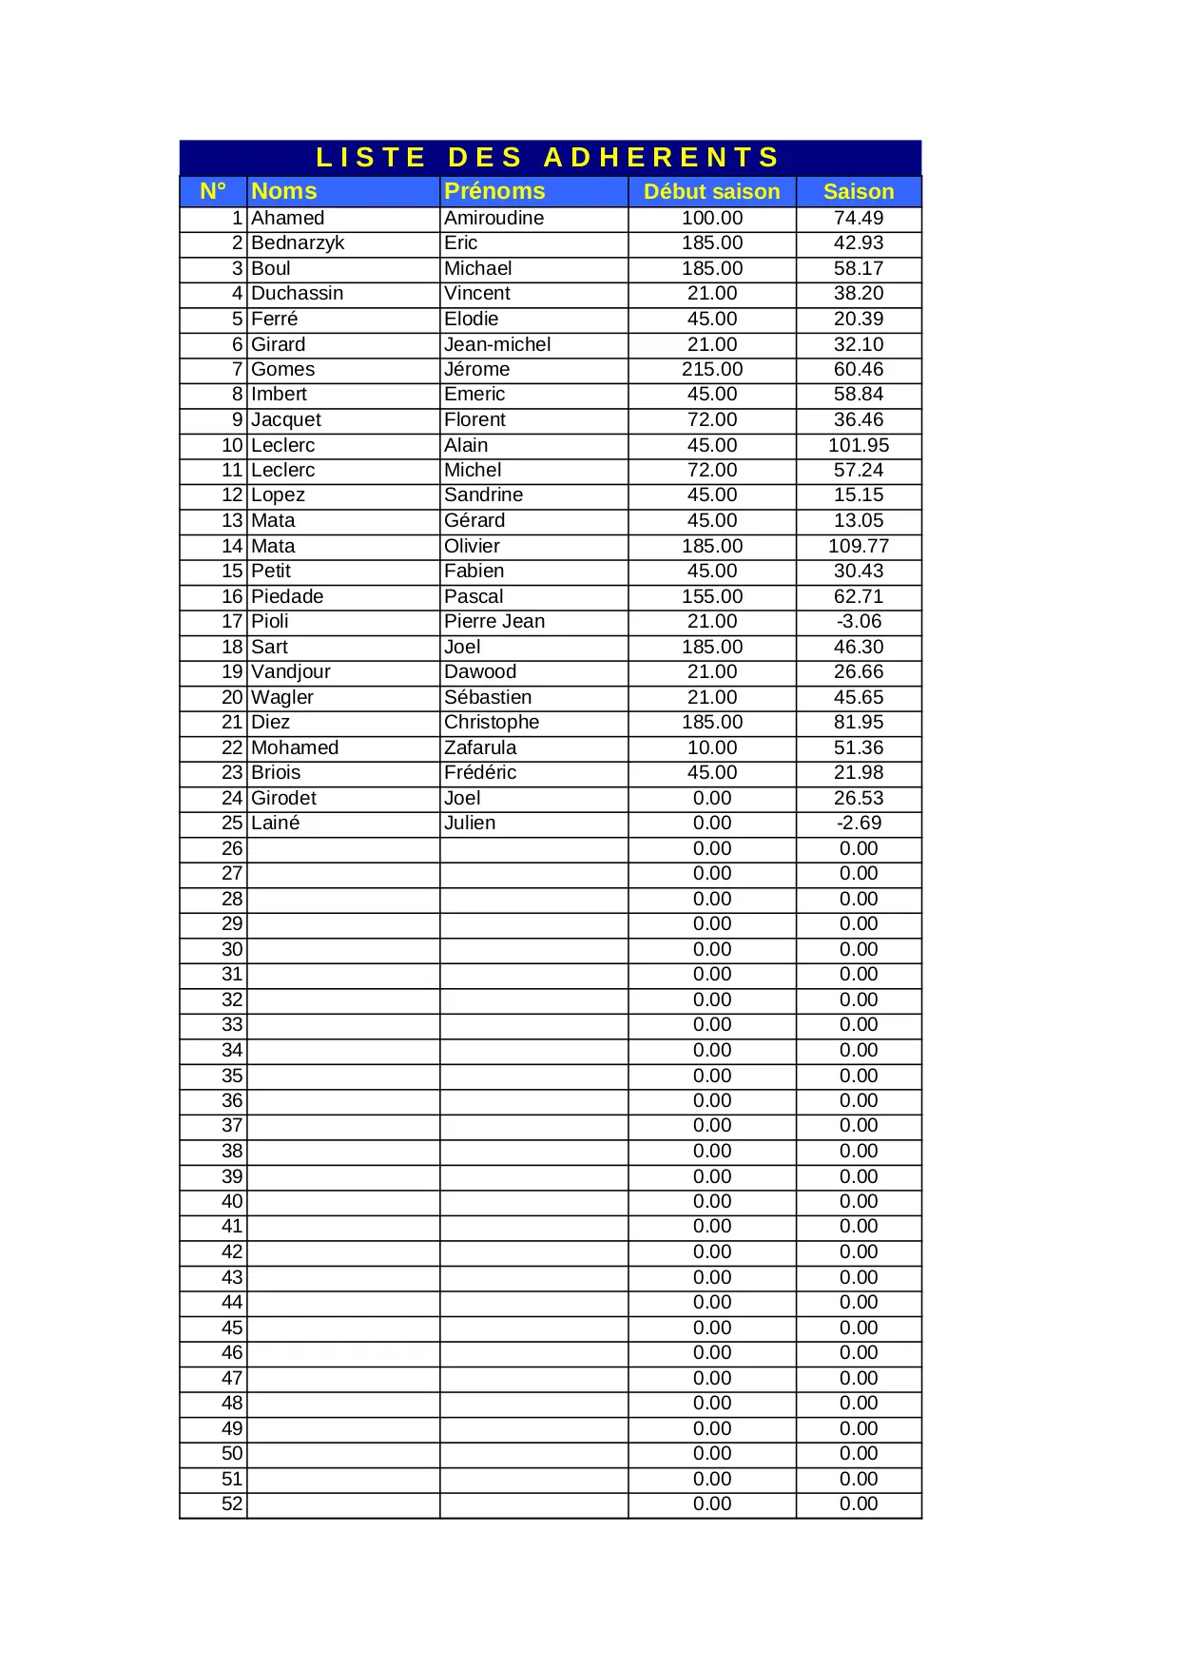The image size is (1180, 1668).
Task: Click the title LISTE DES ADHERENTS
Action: pyautogui.click(x=549, y=157)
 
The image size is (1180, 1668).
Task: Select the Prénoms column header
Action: pyautogui.click(x=494, y=191)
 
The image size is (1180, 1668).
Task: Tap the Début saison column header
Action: pyautogui.click(x=711, y=192)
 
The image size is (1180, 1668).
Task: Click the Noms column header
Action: pyautogui.click(x=284, y=191)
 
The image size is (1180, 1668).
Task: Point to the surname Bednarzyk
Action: pyautogui.click(x=298, y=243)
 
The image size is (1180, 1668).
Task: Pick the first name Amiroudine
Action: pyautogui.click(x=493, y=218)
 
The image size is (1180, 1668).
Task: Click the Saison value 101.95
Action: pyautogui.click(x=858, y=445)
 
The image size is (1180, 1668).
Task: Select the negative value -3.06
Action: pyautogui.click(x=858, y=621)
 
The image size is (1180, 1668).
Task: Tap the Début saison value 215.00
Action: pyautogui.click(x=711, y=369)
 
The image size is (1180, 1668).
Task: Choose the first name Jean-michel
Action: pyautogui.click(x=497, y=344)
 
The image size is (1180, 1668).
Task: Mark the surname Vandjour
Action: pyautogui.click(x=291, y=671)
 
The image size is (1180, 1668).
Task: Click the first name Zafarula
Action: pyautogui.click(x=480, y=747)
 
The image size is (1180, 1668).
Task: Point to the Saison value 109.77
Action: pyautogui.click(x=858, y=546)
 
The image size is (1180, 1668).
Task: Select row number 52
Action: pyautogui.click(x=232, y=1503)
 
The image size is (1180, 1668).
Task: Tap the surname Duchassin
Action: pyautogui.click(x=297, y=293)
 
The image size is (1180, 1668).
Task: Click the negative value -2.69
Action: pyautogui.click(x=858, y=823)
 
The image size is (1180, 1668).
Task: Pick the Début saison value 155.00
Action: pyautogui.click(x=711, y=596)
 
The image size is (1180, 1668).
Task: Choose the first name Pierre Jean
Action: pyautogui.click(x=494, y=621)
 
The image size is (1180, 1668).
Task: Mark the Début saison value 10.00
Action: pyautogui.click(x=711, y=747)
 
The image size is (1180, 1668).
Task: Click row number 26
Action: pyautogui.click(x=232, y=848)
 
